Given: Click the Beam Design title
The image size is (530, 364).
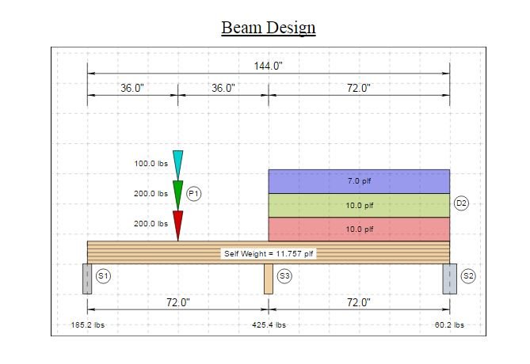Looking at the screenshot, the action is point(269,28).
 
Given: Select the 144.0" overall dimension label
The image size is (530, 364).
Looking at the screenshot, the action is point(268,66).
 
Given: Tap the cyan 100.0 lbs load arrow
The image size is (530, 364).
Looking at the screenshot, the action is point(177,165).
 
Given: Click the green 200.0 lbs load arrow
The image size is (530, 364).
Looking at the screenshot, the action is point(177,195).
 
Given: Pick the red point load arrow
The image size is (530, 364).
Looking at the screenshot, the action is point(177,226).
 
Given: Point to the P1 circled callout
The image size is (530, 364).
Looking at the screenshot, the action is point(193,194).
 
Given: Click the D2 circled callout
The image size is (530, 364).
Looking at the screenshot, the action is point(461,203).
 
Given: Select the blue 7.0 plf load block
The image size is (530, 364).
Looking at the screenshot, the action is point(359,181).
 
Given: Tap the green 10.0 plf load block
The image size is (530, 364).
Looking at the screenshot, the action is point(359,205).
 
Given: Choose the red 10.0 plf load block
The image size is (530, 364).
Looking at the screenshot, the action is point(359,229).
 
